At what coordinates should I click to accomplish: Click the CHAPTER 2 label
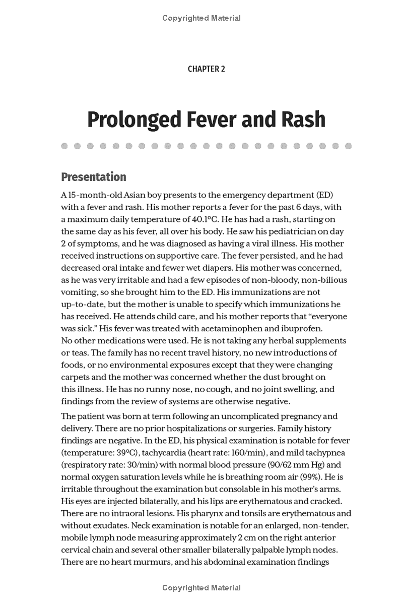[206, 69]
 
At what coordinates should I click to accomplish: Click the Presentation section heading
[93, 177]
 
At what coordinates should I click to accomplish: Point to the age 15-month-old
[91, 195]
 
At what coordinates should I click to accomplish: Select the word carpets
[76, 377]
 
